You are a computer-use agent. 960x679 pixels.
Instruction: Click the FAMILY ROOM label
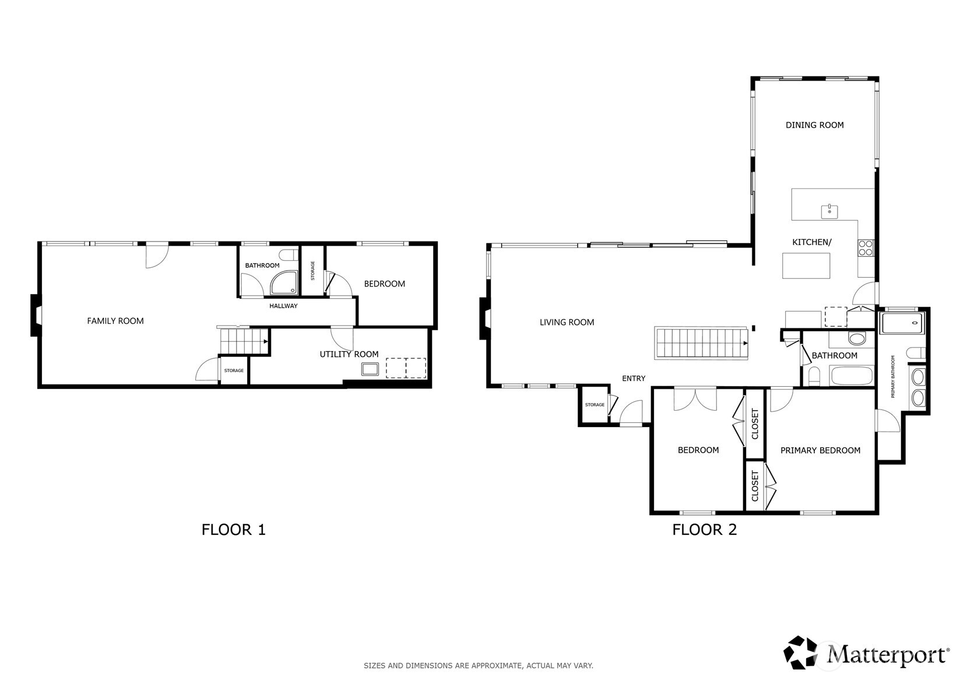coord(115,321)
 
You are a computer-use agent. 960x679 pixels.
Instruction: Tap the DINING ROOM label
coord(814,125)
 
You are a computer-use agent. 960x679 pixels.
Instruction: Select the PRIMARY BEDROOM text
coord(820,450)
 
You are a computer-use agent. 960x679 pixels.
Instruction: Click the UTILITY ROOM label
coord(349,354)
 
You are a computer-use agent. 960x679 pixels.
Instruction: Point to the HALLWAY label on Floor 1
coord(283,306)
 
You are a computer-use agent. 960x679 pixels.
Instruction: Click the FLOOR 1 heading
coord(233,530)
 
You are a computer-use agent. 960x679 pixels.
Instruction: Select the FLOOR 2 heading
coord(704,530)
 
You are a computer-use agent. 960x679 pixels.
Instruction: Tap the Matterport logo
coord(866,653)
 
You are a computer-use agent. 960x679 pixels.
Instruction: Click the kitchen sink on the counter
coord(829,211)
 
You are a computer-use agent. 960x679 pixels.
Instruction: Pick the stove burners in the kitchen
coord(866,249)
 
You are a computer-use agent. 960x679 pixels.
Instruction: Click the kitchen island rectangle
coord(806,265)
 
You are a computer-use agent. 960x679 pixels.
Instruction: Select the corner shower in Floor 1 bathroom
coord(284,283)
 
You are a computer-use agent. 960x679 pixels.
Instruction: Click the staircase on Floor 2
coord(702,343)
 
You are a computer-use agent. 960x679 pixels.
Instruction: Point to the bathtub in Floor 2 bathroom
coord(852,376)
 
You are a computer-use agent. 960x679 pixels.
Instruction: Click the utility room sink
coord(370,369)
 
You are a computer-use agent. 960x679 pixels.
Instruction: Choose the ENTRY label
coord(634,379)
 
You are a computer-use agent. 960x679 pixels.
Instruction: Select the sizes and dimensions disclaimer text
coord(478,666)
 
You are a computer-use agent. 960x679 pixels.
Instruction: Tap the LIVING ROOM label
coord(567,322)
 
